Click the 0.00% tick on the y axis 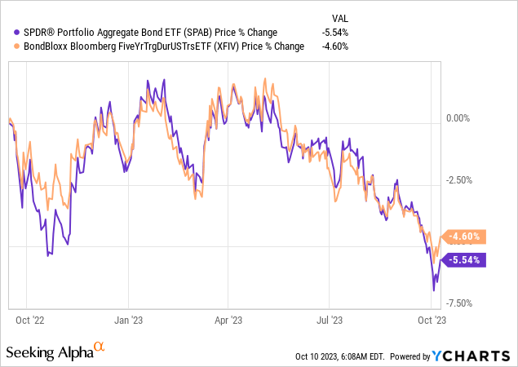coord(461,118)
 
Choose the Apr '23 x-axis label coord(229,321)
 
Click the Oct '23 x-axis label coord(432,321)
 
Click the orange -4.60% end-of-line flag coord(463,237)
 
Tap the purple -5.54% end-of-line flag coord(463,260)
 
